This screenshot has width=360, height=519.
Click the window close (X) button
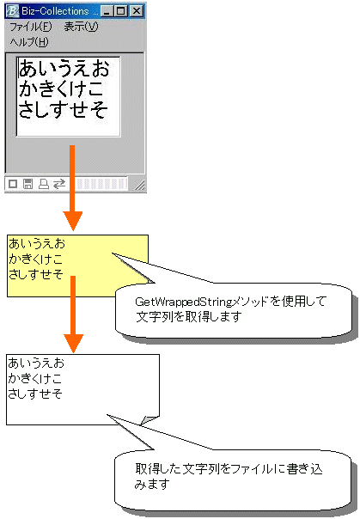[x=137, y=11]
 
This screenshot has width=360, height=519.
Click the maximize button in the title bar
[x=121, y=11]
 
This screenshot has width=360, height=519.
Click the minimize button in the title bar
[x=107, y=11]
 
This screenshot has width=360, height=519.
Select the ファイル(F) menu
[x=30, y=27]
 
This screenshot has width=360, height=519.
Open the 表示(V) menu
[x=81, y=27]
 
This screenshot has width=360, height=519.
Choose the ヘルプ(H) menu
[x=29, y=42]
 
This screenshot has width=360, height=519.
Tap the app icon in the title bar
[x=12, y=11]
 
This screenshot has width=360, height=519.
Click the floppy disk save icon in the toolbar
[x=28, y=184]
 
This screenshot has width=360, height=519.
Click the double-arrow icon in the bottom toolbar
[x=59, y=184]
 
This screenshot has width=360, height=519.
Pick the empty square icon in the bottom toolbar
[x=13, y=184]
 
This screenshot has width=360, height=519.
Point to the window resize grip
[x=140, y=186]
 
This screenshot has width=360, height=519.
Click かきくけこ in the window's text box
[x=61, y=89]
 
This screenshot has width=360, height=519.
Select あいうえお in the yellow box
[x=37, y=243]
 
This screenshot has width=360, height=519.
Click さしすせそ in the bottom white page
[x=35, y=394]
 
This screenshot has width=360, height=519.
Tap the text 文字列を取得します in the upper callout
[x=189, y=317]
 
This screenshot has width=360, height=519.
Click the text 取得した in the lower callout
[x=158, y=469]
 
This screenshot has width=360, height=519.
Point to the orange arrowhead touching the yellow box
[x=73, y=221]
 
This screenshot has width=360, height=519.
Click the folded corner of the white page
[x=149, y=420]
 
